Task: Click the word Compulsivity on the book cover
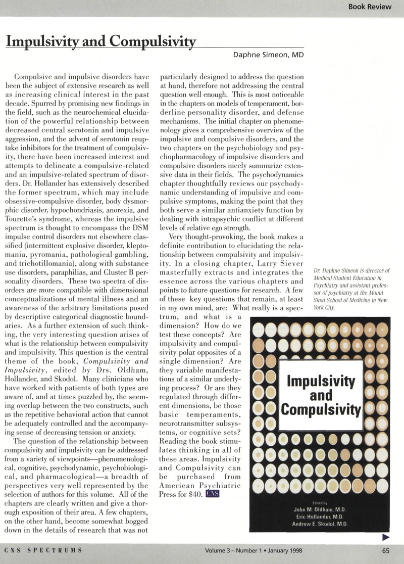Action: coord(320,408)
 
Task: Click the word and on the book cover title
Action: coord(320,394)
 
